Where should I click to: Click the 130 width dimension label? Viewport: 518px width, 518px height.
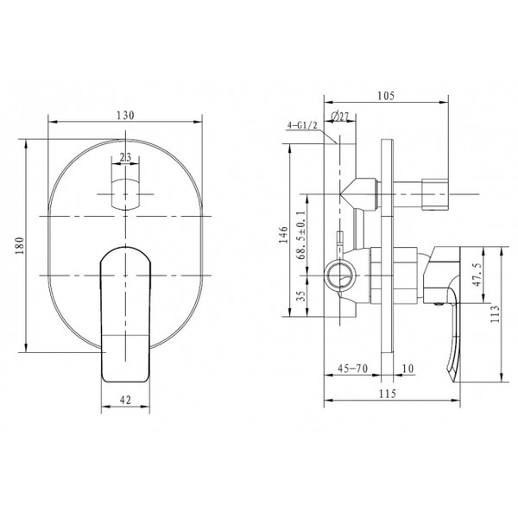pos(125,116)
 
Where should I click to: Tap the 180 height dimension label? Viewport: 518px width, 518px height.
pos(20,245)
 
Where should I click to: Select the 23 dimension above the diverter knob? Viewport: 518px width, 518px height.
pos(125,157)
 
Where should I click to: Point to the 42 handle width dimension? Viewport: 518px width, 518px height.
pos(125,400)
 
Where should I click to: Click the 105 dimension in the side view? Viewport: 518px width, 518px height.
pos(386,96)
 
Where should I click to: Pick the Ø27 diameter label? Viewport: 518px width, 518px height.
pos(339,117)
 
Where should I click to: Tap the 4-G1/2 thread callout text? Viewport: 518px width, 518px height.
pos(302,125)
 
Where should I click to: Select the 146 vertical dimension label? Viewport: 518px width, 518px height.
pos(283,235)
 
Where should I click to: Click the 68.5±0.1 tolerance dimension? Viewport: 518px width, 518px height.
pos(301,235)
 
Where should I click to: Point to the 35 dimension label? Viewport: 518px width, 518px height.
pos(300,295)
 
